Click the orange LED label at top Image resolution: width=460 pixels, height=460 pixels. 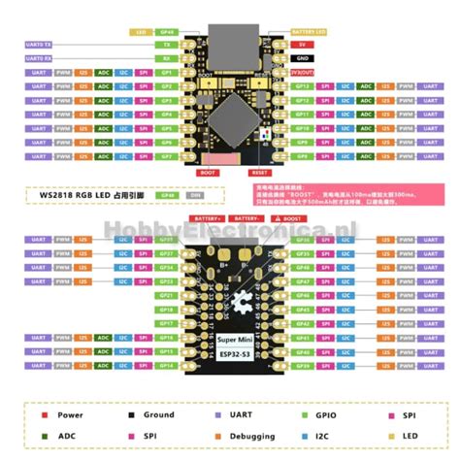(x=141, y=31)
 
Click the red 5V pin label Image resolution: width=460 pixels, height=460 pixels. (x=303, y=45)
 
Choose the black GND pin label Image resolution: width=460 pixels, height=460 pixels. (x=303, y=58)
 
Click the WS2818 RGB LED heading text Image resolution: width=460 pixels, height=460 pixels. (x=95, y=195)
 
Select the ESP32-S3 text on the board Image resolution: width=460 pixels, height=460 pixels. (x=231, y=354)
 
